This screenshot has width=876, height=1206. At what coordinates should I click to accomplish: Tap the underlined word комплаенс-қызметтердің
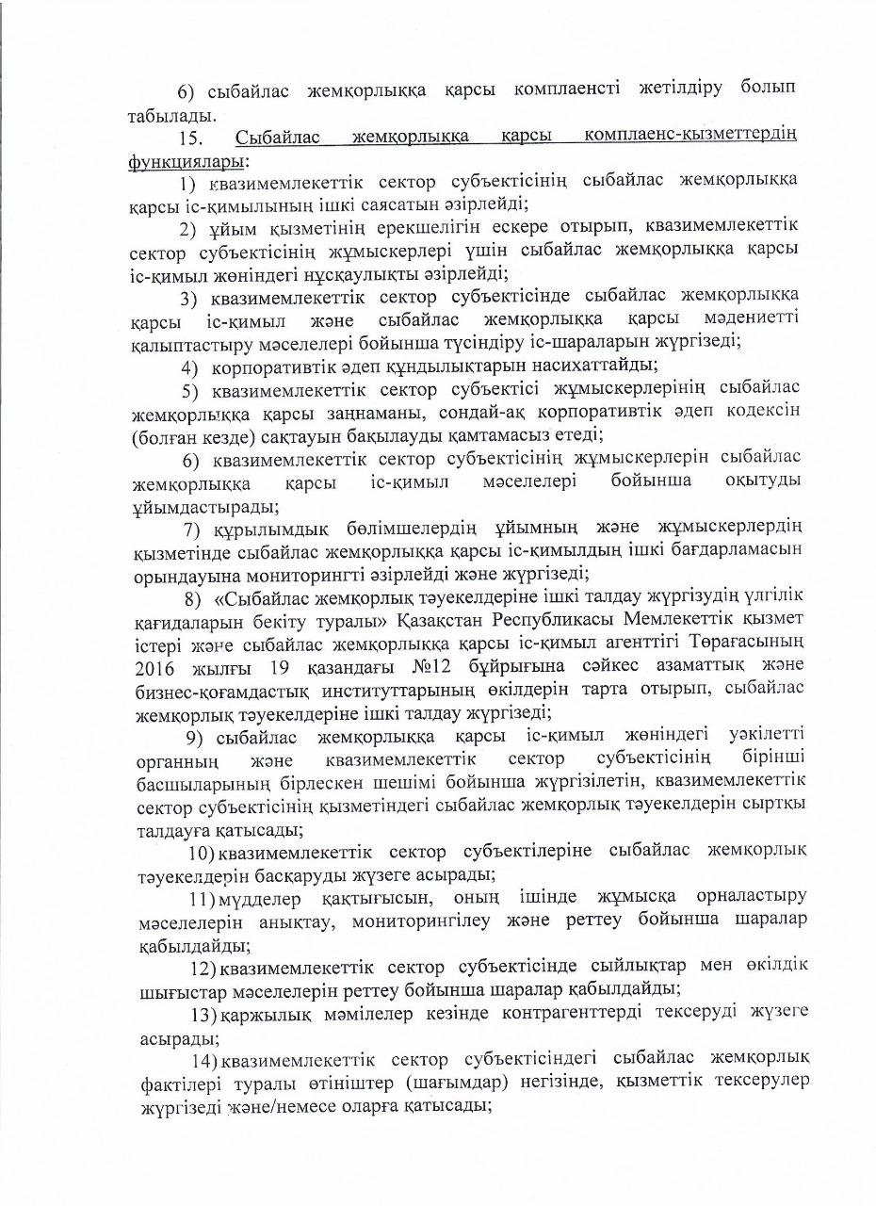click(x=689, y=139)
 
